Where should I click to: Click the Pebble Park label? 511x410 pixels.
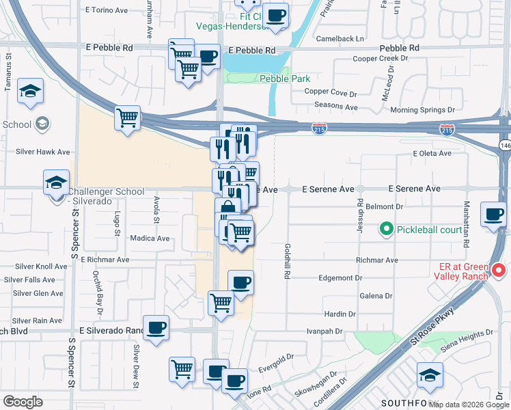point(285,79)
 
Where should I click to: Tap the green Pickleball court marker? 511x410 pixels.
point(386,229)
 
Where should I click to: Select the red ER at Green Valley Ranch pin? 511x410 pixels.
point(499,271)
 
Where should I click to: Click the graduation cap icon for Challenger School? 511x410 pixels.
point(55,183)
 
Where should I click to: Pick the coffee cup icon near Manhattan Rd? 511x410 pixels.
point(493,215)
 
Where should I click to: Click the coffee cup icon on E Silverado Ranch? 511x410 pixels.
point(156,328)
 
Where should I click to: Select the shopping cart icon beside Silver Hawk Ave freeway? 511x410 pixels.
point(127,118)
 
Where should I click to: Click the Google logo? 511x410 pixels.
point(23,402)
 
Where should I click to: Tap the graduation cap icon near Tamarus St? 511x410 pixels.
point(30,92)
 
